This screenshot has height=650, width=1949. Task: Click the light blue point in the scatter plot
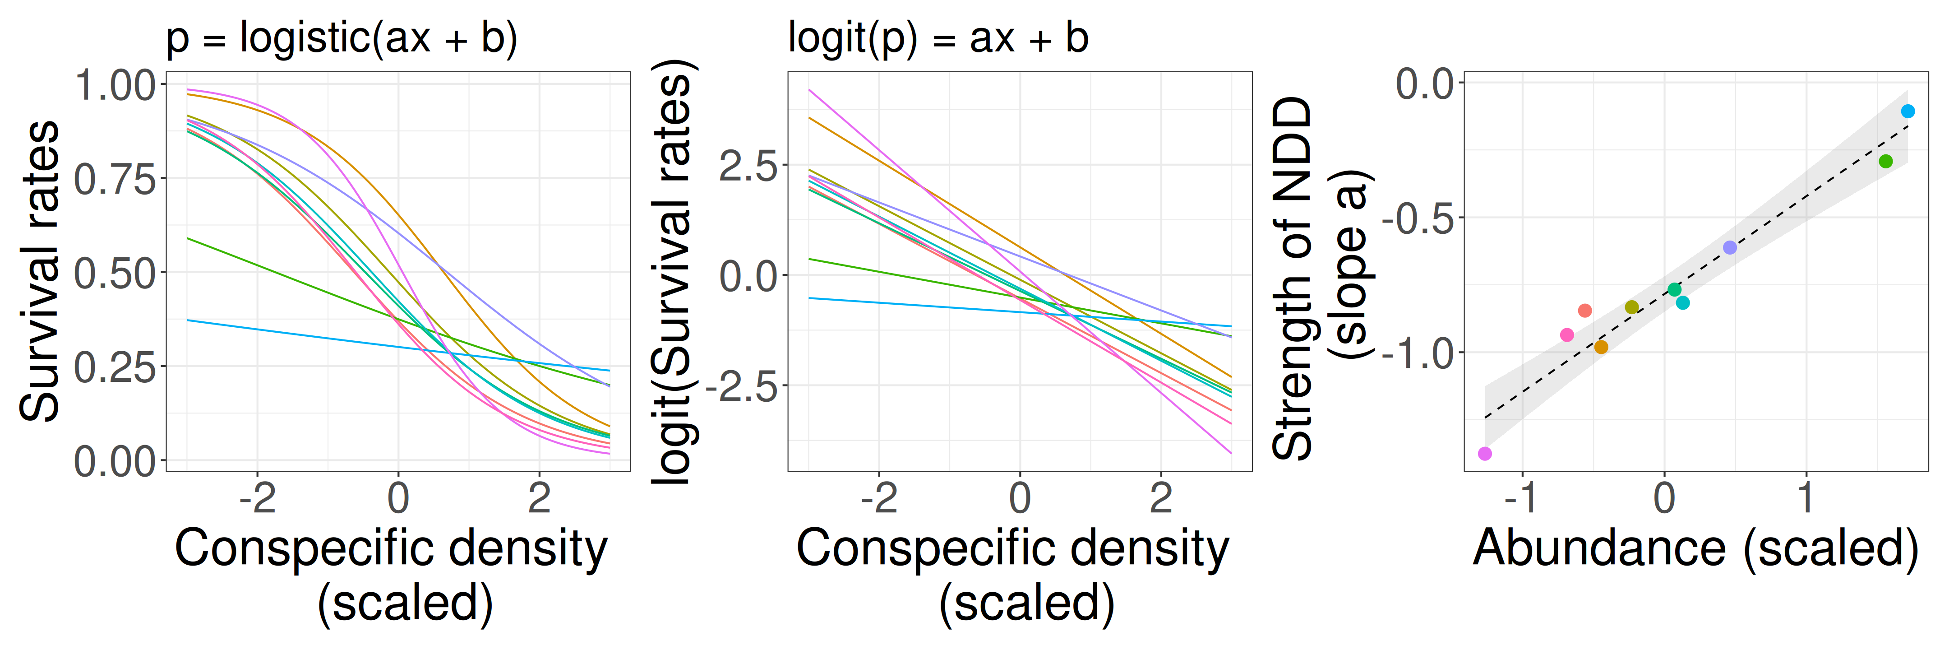point(1907,111)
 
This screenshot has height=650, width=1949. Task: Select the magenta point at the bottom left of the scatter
point(1484,453)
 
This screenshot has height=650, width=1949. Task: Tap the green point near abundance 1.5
point(1885,161)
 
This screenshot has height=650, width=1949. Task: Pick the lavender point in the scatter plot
point(1730,247)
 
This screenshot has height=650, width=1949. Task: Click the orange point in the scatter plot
point(1601,347)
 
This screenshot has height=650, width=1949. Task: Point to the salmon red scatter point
point(1585,310)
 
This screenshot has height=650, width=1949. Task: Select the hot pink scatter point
point(1567,334)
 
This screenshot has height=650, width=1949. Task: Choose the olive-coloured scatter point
point(1632,307)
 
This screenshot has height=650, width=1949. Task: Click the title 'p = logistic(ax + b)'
point(341,38)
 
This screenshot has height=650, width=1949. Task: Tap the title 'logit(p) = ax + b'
point(938,38)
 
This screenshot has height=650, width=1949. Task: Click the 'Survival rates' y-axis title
point(39,271)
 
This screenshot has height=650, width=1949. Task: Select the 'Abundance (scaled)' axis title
point(1695,548)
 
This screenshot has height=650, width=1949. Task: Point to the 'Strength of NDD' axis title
point(1292,279)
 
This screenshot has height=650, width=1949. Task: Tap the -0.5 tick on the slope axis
point(1418,218)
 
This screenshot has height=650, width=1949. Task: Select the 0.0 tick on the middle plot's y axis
point(748,276)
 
